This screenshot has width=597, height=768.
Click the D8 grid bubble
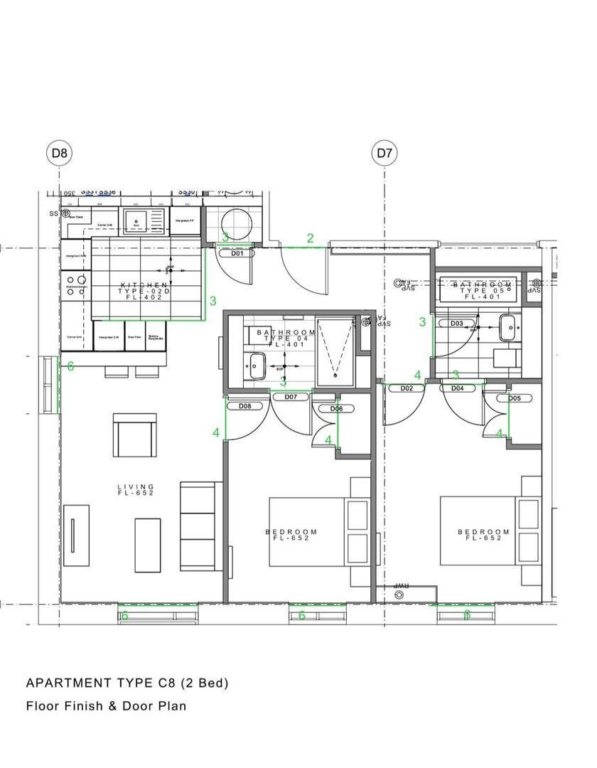tap(59, 152)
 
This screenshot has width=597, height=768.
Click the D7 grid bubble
tap(384, 152)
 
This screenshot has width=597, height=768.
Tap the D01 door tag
tap(237, 253)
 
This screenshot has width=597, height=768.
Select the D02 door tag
tap(407, 388)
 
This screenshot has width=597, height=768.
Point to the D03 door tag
tap(457, 324)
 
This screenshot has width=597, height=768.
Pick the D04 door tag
tap(457, 388)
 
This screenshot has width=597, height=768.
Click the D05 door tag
tap(514, 398)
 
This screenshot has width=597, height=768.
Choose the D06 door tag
tap(336, 408)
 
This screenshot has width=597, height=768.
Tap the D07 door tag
tap(291, 397)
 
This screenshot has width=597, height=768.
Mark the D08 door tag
tap(245, 406)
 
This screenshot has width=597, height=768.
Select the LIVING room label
tap(135, 490)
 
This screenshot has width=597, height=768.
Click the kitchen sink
tap(136, 220)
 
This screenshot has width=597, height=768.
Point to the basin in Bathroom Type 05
tap(509, 328)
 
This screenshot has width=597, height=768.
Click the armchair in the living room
tap(135, 435)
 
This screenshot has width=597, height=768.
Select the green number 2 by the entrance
tap(310, 238)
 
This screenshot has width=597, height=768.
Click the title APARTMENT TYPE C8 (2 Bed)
tap(127, 683)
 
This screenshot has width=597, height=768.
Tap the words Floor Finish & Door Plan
tap(106, 706)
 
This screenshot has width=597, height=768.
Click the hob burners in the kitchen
tap(76, 285)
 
